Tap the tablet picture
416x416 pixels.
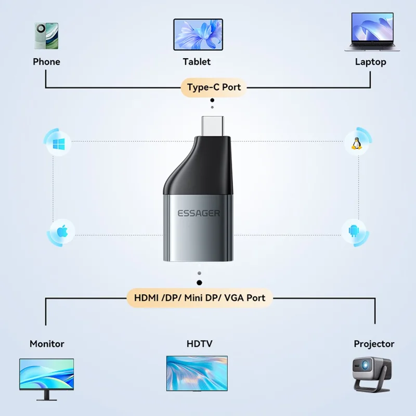pos(198,35)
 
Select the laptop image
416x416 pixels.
pos(371,32)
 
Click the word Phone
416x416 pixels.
pos(46,62)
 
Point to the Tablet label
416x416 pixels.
pos(197,62)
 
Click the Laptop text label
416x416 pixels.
pos(370,62)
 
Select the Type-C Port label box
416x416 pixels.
pos(214,87)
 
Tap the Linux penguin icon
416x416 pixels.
pos(357,143)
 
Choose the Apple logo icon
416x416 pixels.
pos(60,230)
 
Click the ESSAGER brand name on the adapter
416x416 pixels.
pos(199,213)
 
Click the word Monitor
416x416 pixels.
pos(47,344)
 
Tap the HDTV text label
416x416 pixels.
pos(199,344)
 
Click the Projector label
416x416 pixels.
pos(374,344)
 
